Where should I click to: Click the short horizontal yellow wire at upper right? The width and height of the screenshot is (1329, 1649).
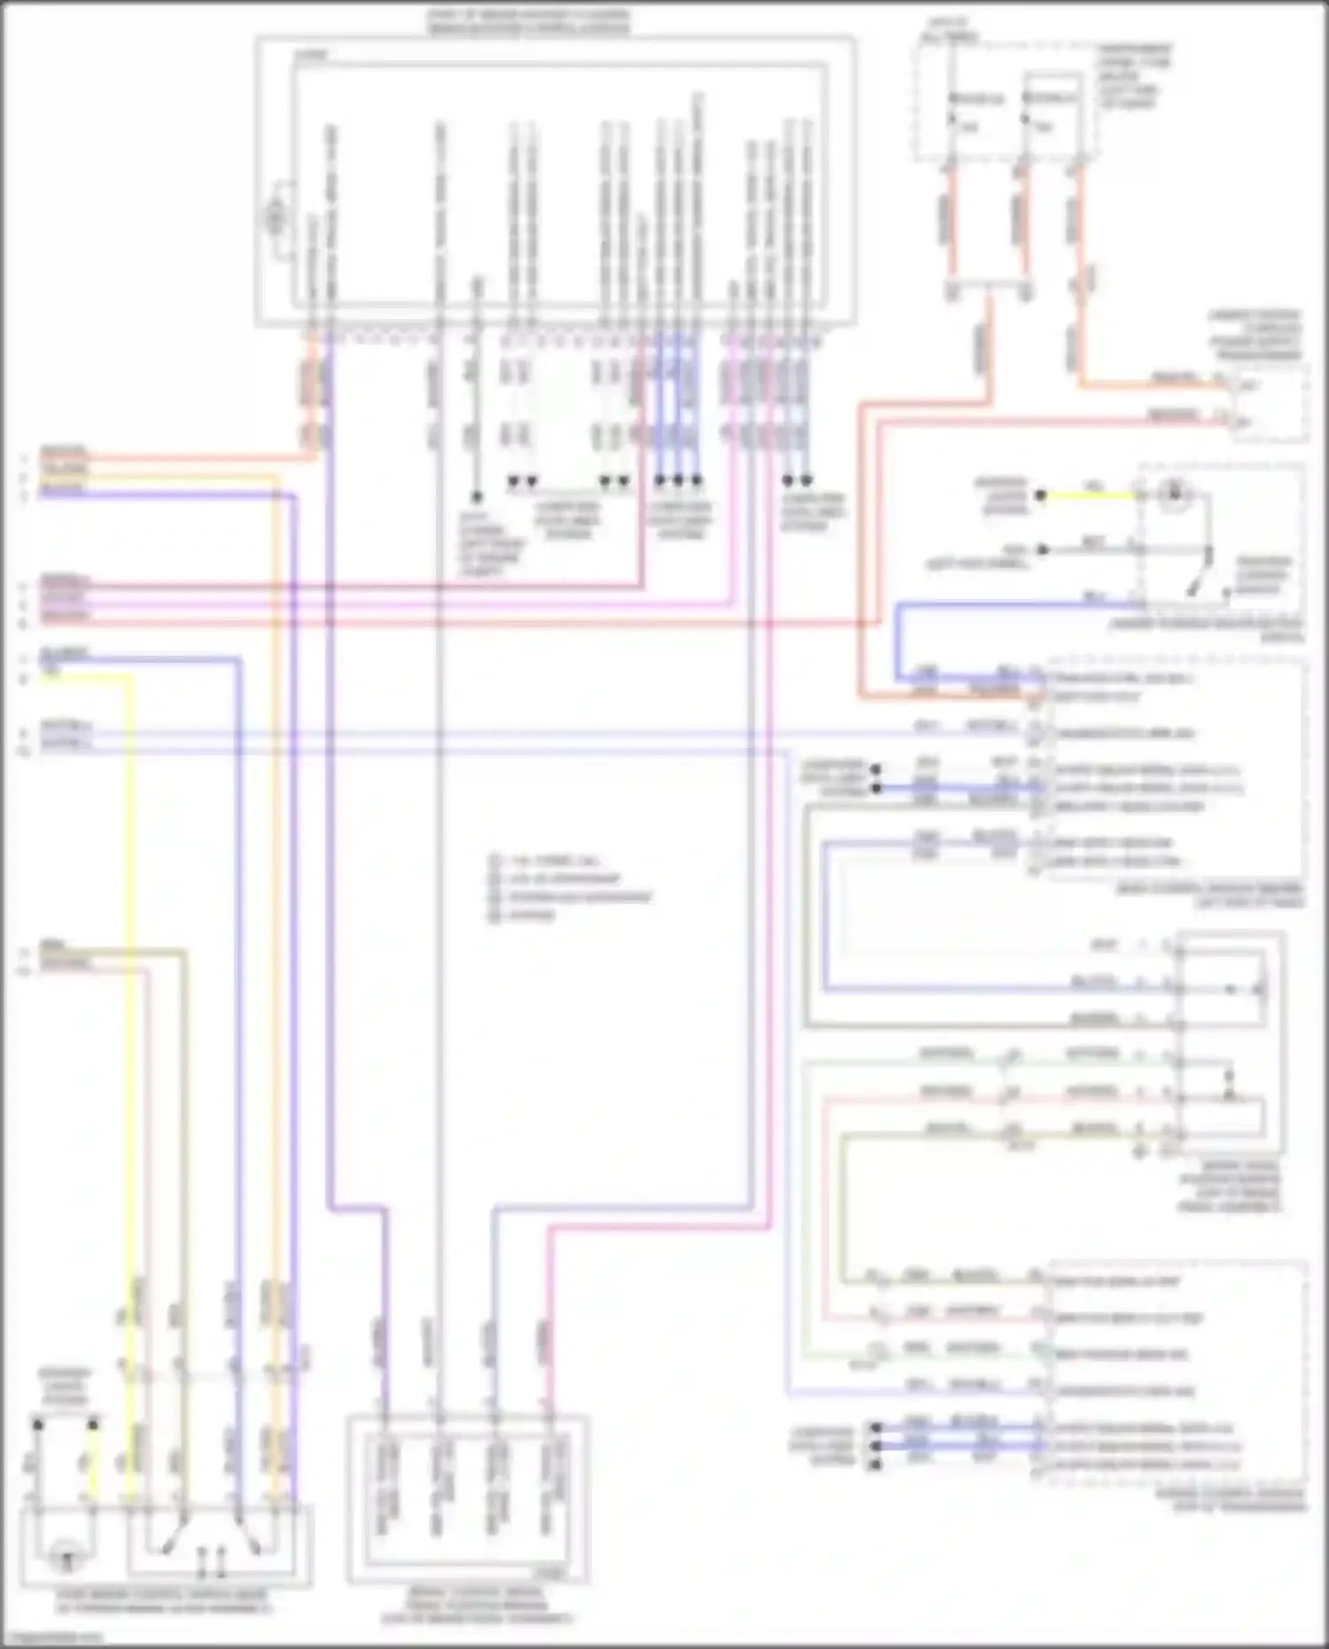click(1090, 495)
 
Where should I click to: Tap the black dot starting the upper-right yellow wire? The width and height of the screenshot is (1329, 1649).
click(1042, 495)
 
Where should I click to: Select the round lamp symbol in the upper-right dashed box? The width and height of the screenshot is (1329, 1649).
click(1174, 494)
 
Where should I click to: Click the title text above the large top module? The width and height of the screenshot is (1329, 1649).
click(528, 22)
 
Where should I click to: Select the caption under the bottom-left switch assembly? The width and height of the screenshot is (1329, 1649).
click(165, 1602)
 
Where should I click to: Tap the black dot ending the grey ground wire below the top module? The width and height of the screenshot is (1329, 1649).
click(477, 498)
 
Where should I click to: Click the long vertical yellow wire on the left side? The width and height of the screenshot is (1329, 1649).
click(131, 975)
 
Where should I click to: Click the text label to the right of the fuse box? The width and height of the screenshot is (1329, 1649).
click(1135, 76)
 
